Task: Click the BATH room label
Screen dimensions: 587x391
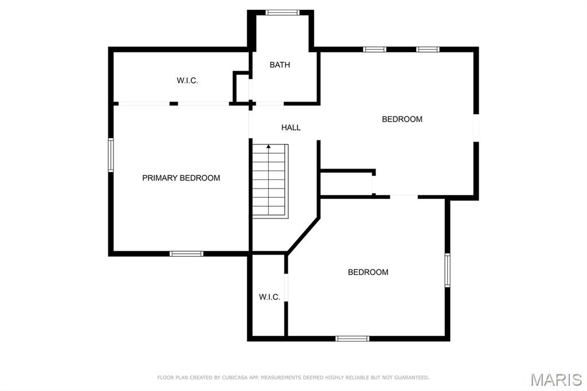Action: [280, 65]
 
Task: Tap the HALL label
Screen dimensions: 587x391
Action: [291, 128]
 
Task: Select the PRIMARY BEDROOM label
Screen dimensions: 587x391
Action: [181, 178]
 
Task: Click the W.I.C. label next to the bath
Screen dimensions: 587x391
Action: [187, 80]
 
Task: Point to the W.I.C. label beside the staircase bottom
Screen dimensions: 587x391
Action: [269, 297]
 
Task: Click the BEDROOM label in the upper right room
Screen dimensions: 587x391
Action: [402, 119]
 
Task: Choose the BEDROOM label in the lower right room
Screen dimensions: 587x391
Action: [368, 272]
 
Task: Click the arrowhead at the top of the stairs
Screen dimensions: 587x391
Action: [268, 146]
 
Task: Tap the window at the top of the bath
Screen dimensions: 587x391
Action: [283, 13]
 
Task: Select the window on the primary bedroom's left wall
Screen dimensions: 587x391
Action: [111, 155]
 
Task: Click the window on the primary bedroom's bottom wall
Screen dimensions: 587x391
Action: [186, 254]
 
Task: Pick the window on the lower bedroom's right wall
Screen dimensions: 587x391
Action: [447, 271]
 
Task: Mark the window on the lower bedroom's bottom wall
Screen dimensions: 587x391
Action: [353, 339]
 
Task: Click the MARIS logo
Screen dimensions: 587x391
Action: [556, 380]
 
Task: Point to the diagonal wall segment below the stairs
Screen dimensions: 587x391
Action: [304, 234]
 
